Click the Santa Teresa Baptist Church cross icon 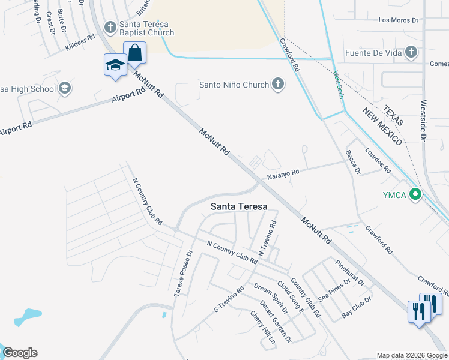point(110,27)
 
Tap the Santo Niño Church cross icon point(277,84)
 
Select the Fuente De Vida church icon point(411,52)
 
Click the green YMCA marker point(414,194)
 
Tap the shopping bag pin point(134,53)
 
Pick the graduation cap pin point(115,65)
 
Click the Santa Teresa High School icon point(65,89)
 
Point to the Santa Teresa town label point(239,206)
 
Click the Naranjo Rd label point(283,173)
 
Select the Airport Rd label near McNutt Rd point(128,95)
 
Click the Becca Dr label point(352,162)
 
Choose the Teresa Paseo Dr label point(182,274)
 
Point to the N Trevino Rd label point(267,239)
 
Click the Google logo point(20,353)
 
